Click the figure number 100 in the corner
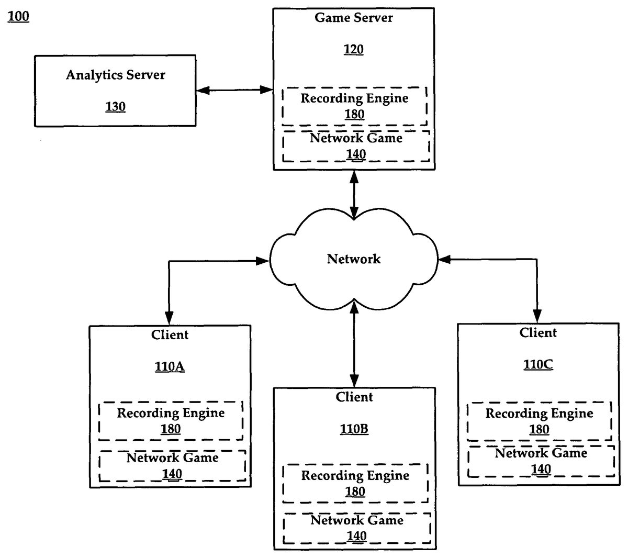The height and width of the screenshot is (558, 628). click(x=19, y=17)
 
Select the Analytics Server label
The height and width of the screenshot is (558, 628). click(x=115, y=75)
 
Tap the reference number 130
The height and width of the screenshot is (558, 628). click(x=115, y=107)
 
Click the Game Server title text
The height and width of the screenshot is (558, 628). click(x=354, y=17)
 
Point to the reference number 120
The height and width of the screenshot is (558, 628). click(x=354, y=49)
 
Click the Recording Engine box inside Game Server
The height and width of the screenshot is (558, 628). click(x=354, y=106)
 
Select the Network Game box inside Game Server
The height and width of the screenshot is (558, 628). click(x=356, y=146)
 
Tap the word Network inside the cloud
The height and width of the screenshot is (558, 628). click(x=354, y=259)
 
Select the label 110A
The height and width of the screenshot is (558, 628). click(x=170, y=366)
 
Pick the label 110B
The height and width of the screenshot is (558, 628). click(x=354, y=429)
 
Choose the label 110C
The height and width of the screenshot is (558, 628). click(x=538, y=364)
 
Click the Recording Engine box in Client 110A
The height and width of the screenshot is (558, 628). click(x=171, y=421)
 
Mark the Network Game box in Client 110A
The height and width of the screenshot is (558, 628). click(x=172, y=466)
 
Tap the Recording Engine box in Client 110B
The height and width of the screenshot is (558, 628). click(x=355, y=483)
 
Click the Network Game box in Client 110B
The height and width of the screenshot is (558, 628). click(x=356, y=528)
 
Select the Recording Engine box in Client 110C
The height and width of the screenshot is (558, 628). click(x=539, y=421)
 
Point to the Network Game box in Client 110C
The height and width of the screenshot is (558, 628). click(x=541, y=461)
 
